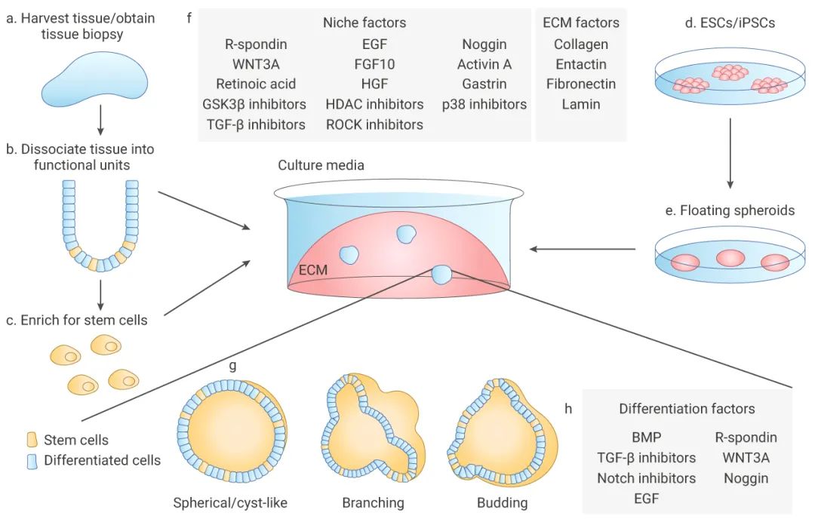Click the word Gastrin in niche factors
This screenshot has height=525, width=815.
coord(484,84)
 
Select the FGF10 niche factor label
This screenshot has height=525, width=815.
coord(374,64)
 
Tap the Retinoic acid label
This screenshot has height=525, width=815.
coord(256,84)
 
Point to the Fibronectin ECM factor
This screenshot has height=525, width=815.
coord(581,84)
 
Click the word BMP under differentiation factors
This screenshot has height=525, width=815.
coord(646,437)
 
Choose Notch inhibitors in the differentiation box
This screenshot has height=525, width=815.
coord(646,478)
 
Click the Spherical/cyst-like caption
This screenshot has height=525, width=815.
coord(230,502)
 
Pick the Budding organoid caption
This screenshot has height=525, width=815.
coord(502,502)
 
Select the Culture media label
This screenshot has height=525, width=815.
coord(321,165)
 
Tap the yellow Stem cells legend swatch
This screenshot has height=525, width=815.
coord(32,439)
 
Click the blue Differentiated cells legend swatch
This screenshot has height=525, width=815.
coord(32,459)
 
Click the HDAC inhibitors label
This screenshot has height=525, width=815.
coord(374,104)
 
